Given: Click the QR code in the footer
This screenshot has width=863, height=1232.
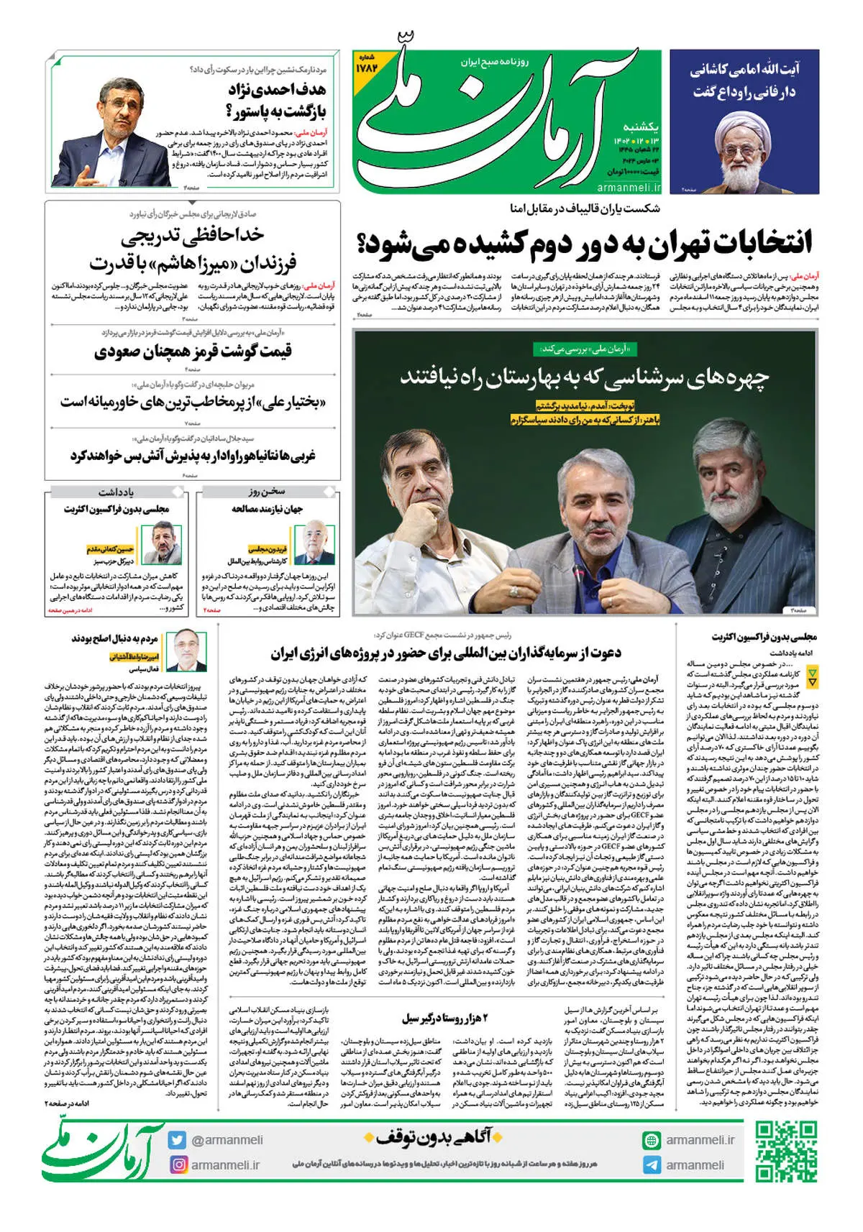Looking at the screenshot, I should [786, 1151].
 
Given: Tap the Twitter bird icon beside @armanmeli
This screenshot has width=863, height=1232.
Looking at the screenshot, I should [178, 1140].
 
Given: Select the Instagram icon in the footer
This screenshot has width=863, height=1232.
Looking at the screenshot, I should [178, 1164].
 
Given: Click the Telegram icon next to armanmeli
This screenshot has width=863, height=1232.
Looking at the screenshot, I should [652, 1165].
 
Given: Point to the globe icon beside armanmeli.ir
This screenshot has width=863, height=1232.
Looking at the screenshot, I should [652, 1140].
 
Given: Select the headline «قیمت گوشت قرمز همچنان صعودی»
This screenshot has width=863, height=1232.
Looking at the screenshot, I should [193, 352].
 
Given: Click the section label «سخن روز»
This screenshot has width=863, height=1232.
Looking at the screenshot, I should [267, 492].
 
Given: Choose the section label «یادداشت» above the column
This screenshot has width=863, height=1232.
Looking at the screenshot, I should [116, 492].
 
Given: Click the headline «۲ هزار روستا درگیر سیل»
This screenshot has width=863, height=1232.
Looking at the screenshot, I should [444, 1019].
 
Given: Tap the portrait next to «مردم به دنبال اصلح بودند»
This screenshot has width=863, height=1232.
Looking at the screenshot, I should [190, 650].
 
